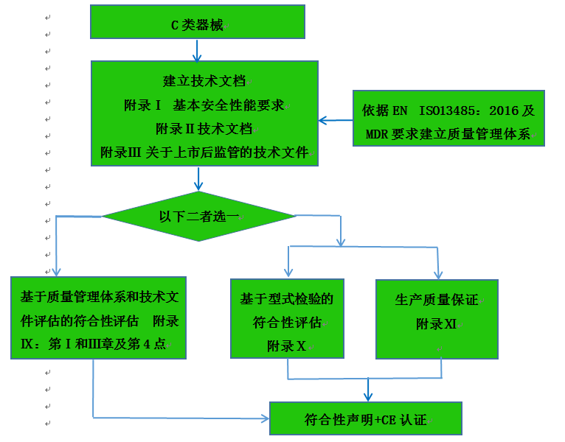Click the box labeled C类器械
pyautogui.click(x=197, y=22)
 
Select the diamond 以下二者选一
pyautogui.click(x=198, y=216)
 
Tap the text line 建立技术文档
pyautogui.click(x=204, y=81)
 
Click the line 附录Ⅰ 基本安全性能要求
pyautogui.click(x=204, y=105)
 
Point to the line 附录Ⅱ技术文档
pyautogui.click(x=204, y=129)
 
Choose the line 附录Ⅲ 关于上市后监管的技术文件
pyautogui.click(x=204, y=152)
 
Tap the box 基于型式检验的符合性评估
pyautogui.click(x=287, y=318)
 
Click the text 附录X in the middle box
pyautogui.click(x=286, y=345)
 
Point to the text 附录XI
pyautogui.click(x=437, y=323)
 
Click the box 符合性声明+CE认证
pyautogui.click(x=365, y=420)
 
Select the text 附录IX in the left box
pyautogui.click(x=164, y=322)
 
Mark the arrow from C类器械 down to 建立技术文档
pyautogui.click(x=197, y=50)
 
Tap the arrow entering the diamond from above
pyautogui.click(x=198, y=180)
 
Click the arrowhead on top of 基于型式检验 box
pyautogui.click(x=288, y=273)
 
